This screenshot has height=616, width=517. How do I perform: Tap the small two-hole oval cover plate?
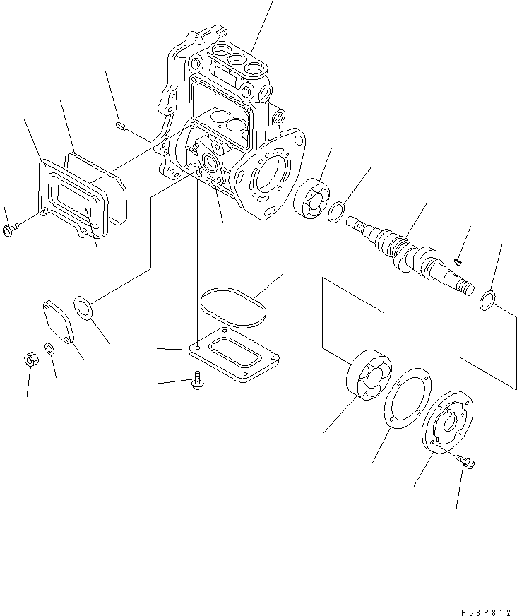59,323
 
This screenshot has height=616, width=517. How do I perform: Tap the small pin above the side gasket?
120,126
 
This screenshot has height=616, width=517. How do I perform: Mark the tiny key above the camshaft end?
458,263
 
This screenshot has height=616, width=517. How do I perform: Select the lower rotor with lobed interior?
367,376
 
